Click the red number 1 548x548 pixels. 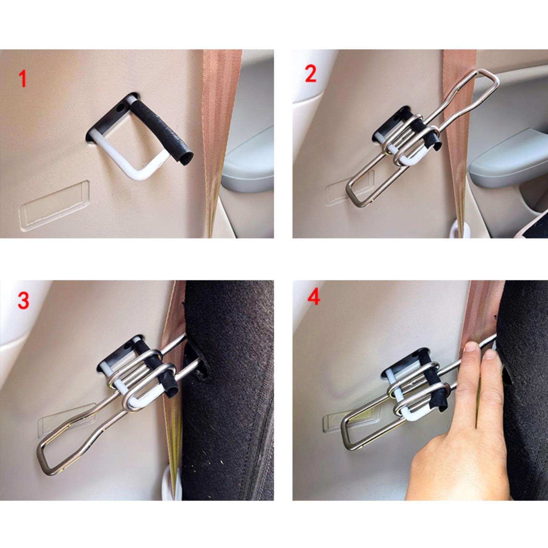pyautogui.click(x=22, y=78)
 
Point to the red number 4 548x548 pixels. pyautogui.click(x=314, y=297)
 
